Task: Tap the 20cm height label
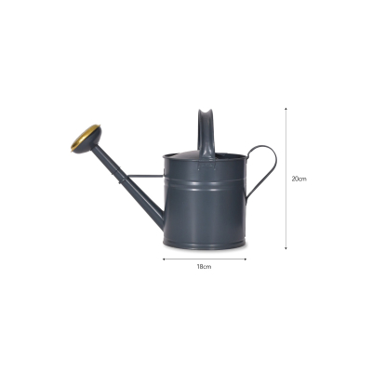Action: [x=298, y=178]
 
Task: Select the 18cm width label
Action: [x=204, y=267]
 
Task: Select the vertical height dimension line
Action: [x=286, y=177]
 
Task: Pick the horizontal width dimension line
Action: [x=204, y=259]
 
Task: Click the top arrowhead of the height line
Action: [x=286, y=107]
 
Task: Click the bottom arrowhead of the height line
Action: [x=286, y=246]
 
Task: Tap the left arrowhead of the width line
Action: [x=164, y=259]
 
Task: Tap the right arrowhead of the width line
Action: [x=245, y=259]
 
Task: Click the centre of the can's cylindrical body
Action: [x=204, y=205]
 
